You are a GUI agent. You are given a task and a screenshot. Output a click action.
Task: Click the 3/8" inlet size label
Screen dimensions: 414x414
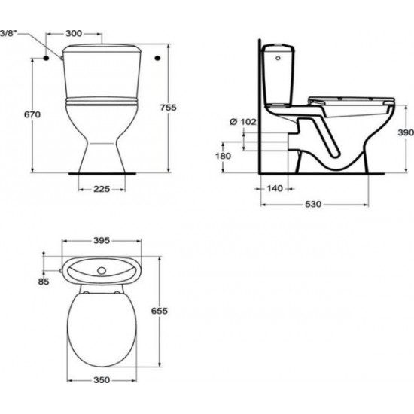click(8, 32)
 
